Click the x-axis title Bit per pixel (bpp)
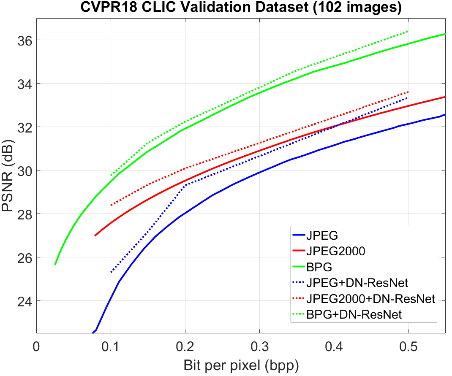[x=241, y=365]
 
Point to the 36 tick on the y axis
[x=23, y=40]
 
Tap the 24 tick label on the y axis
[x=23, y=301]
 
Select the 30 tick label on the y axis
[x=23, y=170]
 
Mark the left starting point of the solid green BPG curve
[x=55, y=264]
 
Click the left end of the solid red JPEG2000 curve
[x=95, y=235]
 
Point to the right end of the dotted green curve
[x=408, y=31]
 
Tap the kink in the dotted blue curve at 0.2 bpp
[x=185, y=185]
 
